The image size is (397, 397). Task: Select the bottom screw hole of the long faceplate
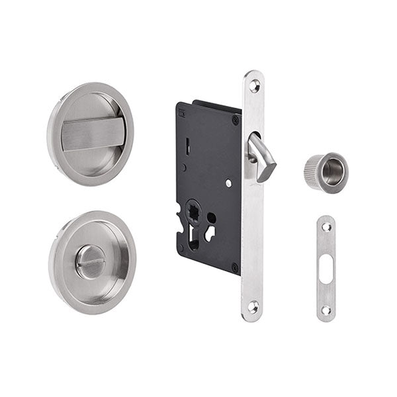[x=253, y=306]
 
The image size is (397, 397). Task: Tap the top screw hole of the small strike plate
[x=326, y=227]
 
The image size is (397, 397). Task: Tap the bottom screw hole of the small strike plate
[x=326, y=309]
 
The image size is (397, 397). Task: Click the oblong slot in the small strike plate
[x=326, y=268]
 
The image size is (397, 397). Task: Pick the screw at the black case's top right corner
[x=235, y=120]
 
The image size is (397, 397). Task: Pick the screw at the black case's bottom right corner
[x=234, y=267]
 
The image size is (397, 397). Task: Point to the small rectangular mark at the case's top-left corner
[x=182, y=113]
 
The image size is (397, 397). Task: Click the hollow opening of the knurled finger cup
[x=330, y=172]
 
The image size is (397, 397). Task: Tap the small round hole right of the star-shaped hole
[x=211, y=216]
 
